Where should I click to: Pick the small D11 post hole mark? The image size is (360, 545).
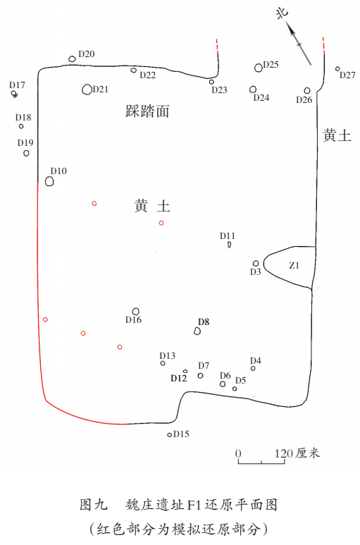(229, 245)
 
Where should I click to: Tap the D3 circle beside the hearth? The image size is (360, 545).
(256, 264)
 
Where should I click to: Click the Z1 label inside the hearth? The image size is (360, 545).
(294, 266)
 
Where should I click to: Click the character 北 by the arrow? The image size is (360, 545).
(283, 13)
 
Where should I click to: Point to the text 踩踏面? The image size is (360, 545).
(147, 111)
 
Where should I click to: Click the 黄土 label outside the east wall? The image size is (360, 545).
(337, 135)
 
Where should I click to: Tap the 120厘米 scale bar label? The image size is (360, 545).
(297, 453)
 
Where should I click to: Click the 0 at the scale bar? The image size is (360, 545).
(238, 453)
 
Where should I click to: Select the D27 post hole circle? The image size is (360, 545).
(337, 69)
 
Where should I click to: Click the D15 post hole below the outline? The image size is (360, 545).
(169, 434)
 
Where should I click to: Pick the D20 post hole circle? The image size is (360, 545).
(72, 59)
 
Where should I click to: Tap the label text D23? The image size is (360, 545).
(219, 90)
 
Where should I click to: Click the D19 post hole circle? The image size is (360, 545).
(26, 153)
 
